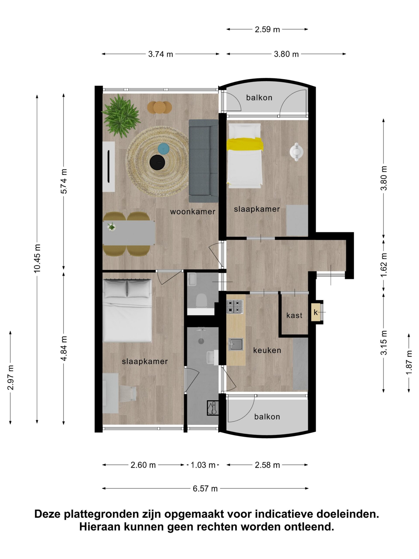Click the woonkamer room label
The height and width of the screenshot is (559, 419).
coord(192,212)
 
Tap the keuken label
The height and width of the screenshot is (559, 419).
coord(267,350)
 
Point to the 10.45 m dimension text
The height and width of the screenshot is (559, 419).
coord(37,258)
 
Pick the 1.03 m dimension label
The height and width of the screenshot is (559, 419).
coord(203,465)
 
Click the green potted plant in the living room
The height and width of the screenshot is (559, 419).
coord(121,116)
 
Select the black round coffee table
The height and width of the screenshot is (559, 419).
coord(157,162)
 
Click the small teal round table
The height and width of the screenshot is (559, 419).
coord(163,148)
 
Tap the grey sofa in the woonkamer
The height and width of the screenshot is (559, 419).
coord(203,161)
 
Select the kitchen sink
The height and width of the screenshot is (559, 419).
coord(236,344)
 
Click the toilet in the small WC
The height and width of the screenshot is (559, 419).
coord(202,300)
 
